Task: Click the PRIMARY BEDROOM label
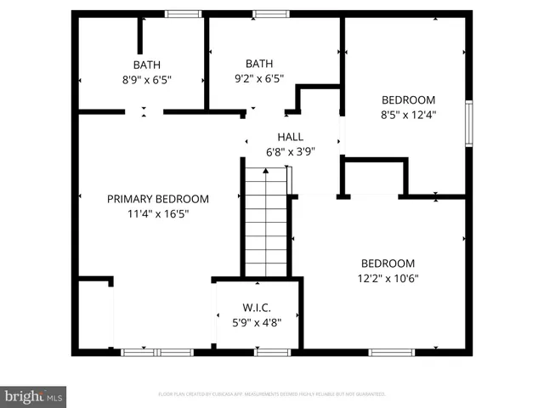(157, 199)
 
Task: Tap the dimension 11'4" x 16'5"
(157, 214)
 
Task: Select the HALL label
(290, 137)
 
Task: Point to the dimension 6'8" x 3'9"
(290, 152)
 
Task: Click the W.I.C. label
(256, 307)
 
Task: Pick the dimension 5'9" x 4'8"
(256, 322)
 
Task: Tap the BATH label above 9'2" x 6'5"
(259, 64)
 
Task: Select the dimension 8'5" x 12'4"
(408, 115)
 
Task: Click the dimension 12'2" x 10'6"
(388, 278)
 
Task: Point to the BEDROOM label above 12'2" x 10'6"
(388, 263)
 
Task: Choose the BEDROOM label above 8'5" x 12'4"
(408, 99)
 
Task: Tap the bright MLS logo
(33, 396)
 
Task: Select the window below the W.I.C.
(272, 352)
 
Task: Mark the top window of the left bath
(183, 14)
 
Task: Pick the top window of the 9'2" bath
(270, 14)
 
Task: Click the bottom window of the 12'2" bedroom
(391, 352)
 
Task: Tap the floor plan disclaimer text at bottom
(272, 394)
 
